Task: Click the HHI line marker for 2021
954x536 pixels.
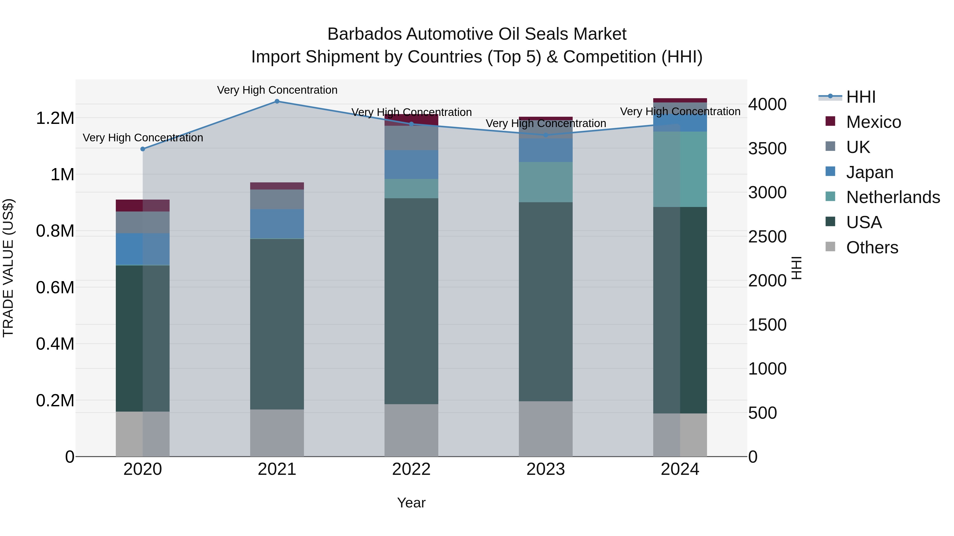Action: pyautogui.click(x=277, y=101)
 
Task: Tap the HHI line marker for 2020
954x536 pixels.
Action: pyautogui.click(x=143, y=149)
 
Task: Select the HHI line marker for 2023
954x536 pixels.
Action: pyautogui.click(x=546, y=135)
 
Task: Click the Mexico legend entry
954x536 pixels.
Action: pyautogui.click(x=873, y=122)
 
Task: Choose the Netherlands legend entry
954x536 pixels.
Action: pyautogui.click(x=893, y=197)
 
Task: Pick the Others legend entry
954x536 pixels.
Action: pyautogui.click(x=872, y=247)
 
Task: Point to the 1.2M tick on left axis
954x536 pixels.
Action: pyautogui.click(x=55, y=118)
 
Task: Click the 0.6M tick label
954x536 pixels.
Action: pyautogui.click(x=55, y=287)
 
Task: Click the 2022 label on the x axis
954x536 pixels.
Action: pyautogui.click(x=411, y=469)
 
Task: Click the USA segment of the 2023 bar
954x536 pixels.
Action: pyautogui.click(x=546, y=301)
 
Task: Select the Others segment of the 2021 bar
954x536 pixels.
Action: pyautogui.click(x=277, y=433)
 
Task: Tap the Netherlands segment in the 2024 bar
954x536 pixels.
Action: pyautogui.click(x=680, y=169)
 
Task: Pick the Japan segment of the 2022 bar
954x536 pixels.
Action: pyautogui.click(x=411, y=165)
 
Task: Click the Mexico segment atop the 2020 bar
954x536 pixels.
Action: pyautogui.click(x=143, y=205)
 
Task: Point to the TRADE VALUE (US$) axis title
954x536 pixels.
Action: pyautogui.click(x=8, y=268)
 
